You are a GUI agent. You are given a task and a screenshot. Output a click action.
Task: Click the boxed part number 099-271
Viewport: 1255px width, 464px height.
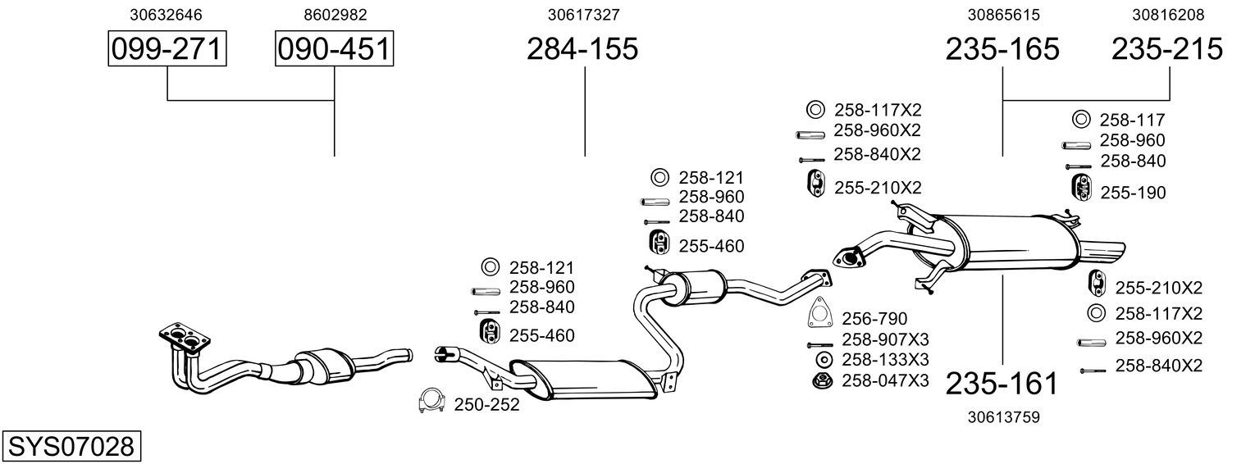(x=167, y=49)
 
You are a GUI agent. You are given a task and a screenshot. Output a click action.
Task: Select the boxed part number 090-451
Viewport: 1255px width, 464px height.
(x=334, y=49)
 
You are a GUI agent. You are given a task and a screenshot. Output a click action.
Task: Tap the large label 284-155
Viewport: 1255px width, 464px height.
(x=582, y=49)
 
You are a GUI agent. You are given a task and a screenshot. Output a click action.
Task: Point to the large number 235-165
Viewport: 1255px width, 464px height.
(x=1002, y=49)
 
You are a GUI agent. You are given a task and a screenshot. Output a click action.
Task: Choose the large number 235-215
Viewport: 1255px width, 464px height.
(x=1167, y=49)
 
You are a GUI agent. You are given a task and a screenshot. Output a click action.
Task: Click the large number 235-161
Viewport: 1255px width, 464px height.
(x=1002, y=383)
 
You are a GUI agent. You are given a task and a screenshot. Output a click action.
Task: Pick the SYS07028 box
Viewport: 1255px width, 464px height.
(x=71, y=447)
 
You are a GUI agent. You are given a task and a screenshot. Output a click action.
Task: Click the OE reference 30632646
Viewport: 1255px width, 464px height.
(x=167, y=15)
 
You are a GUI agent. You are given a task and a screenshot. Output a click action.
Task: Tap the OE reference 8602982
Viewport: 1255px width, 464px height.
(x=335, y=15)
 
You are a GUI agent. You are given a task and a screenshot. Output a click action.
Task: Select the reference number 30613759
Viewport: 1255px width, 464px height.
(x=1003, y=416)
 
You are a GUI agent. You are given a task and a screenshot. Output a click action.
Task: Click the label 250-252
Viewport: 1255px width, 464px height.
(x=486, y=404)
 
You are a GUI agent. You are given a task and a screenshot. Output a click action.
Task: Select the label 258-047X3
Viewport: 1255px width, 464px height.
(x=885, y=380)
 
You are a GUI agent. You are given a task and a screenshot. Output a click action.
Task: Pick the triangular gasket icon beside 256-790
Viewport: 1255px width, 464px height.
(x=818, y=314)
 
